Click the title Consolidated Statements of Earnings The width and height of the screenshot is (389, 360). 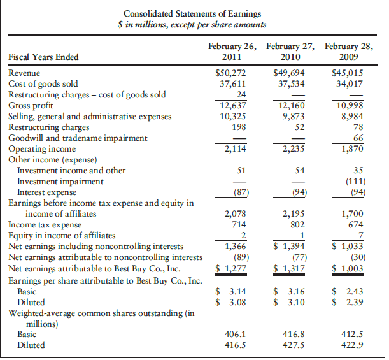pos(192,14)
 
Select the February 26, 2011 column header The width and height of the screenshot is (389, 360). pos(232,52)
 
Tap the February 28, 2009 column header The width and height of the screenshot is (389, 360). pos(349,52)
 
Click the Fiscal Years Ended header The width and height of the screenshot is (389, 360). pos(43,57)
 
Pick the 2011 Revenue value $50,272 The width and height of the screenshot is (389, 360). pos(230,73)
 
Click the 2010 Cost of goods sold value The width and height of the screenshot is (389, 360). pos(291,84)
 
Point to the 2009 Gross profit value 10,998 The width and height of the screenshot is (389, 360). pos(350,106)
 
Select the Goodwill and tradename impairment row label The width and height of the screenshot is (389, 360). pos(78,138)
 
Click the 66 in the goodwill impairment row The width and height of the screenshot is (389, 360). pos(358,138)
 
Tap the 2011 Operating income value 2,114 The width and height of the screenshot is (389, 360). pos(235,148)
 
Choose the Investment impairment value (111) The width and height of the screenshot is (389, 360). pos(356,182)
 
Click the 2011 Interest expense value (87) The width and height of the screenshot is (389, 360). pos(241,192)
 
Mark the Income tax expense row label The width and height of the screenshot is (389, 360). pos(45,225)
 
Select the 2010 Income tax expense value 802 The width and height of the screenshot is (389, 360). pos(297,225)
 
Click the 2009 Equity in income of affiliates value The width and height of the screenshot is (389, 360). pos(361,235)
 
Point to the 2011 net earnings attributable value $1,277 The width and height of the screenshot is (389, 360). pos(230,268)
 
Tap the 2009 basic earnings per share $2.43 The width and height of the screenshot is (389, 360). pos(348,291)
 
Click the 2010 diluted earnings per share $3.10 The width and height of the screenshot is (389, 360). pos(289,302)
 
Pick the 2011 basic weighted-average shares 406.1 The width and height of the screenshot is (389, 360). pos(235,334)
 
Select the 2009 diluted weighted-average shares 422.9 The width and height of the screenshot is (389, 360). pos(352,345)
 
